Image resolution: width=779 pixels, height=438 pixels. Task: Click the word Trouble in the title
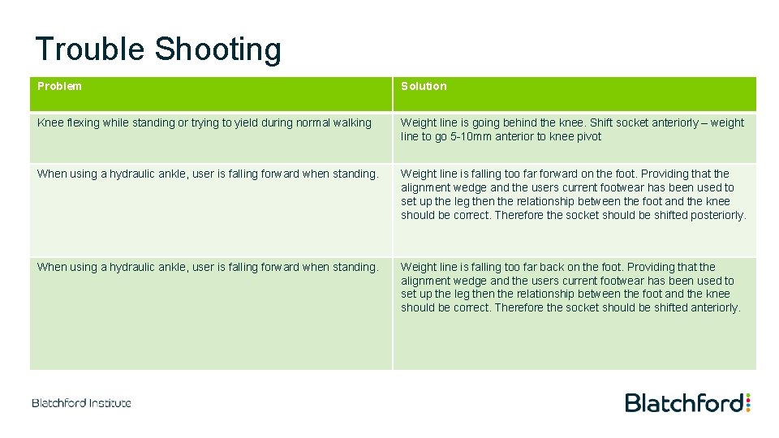point(90,49)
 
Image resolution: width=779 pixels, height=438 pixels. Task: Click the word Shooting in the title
point(217,49)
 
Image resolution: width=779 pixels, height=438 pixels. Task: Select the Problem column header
point(59,86)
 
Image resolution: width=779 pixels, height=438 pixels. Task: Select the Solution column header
point(424,86)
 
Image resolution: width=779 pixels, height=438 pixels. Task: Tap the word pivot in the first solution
point(587,136)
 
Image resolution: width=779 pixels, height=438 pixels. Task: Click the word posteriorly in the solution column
point(715,215)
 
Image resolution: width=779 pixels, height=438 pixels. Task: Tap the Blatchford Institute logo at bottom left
point(81,403)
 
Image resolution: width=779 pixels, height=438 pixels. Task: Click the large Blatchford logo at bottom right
point(683,403)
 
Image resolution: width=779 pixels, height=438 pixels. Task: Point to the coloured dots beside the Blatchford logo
point(747,402)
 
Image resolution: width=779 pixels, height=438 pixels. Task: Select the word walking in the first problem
point(351,122)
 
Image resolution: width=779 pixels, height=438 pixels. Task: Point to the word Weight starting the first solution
point(418,122)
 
